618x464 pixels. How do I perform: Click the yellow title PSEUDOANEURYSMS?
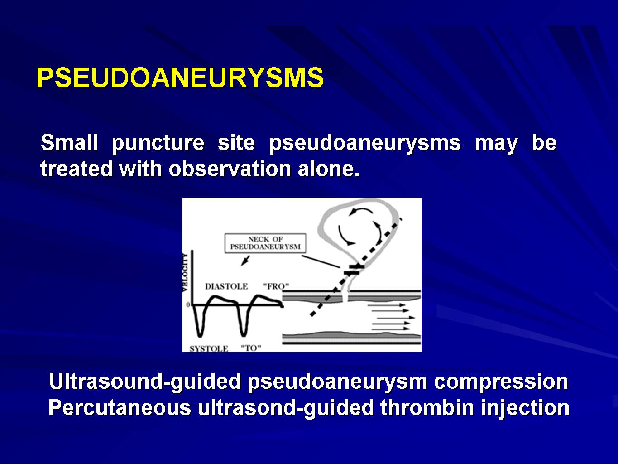pyautogui.click(x=180, y=77)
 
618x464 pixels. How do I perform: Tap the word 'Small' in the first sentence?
pyautogui.click(x=69, y=142)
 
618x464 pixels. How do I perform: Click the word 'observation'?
pyautogui.click(x=230, y=169)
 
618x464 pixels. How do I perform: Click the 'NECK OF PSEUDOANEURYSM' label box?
pyautogui.click(x=265, y=243)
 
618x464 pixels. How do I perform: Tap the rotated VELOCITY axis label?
pyautogui.click(x=185, y=272)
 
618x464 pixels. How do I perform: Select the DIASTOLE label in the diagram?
pyautogui.click(x=226, y=286)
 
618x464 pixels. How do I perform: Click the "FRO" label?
pyautogui.click(x=276, y=286)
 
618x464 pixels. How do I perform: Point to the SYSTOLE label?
pyautogui.click(x=209, y=348)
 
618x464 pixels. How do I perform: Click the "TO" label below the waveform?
pyautogui.click(x=251, y=348)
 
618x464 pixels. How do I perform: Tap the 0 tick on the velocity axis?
pyautogui.click(x=188, y=304)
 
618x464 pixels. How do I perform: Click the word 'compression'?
pyautogui.click(x=501, y=382)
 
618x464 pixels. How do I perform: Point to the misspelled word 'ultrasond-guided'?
pyautogui.click(x=286, y=409)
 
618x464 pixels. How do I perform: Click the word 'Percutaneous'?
pyautogui.click(x=120, y=407)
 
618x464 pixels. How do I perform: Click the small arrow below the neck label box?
pyautogui.click(x=245, y=261)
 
